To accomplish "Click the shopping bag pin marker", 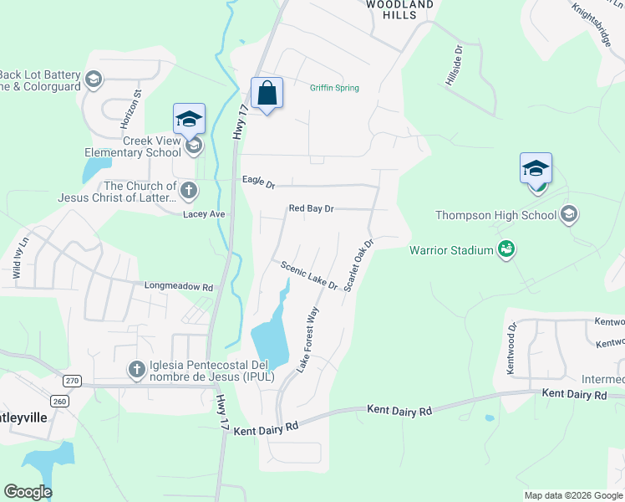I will (267, 94).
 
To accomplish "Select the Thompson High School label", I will (495, 215).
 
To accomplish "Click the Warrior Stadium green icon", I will (506, 248).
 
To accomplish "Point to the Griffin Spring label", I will (334, 88).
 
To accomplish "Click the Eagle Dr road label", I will (258, 181).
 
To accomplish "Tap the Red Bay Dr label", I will (311, 208).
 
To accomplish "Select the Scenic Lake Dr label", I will (309, 275).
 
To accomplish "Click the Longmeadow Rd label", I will (179, 286).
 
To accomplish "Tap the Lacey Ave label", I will (205, 214).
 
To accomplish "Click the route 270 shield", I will (73, 381).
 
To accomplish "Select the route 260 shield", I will (58, 401).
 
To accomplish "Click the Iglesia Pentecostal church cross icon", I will (137, 368).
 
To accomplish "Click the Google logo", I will (28, 492).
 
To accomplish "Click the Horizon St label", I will (130, 110).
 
